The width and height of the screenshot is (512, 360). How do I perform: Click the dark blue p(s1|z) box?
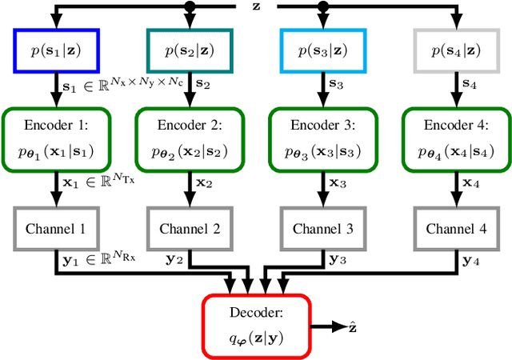pos(56,50)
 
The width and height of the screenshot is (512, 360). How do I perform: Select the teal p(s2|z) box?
pos(189,50)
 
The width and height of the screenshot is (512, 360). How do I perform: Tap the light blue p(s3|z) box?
pos(322,50)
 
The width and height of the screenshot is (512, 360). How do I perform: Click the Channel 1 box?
pos(56,228)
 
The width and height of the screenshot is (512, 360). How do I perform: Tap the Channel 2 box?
pos(189,228)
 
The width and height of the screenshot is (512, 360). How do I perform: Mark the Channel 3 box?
pos(322,228)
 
